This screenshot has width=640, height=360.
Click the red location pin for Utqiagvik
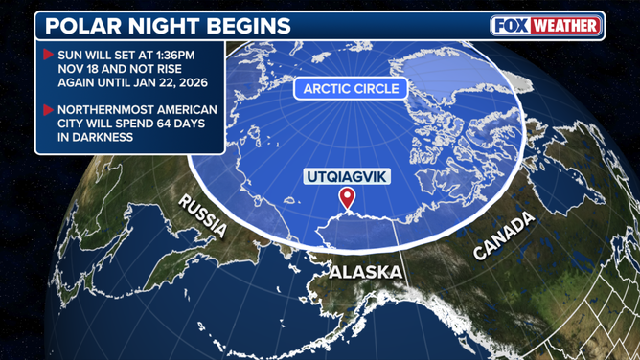coord(347,198)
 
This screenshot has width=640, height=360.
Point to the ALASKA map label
coord(366,273)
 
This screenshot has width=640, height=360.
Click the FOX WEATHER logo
coord(545,26)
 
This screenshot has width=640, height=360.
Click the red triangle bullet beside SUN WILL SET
coord(48,55)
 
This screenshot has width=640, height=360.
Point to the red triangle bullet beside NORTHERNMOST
coord(48,109)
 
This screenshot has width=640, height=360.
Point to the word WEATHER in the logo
coord(565,26)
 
